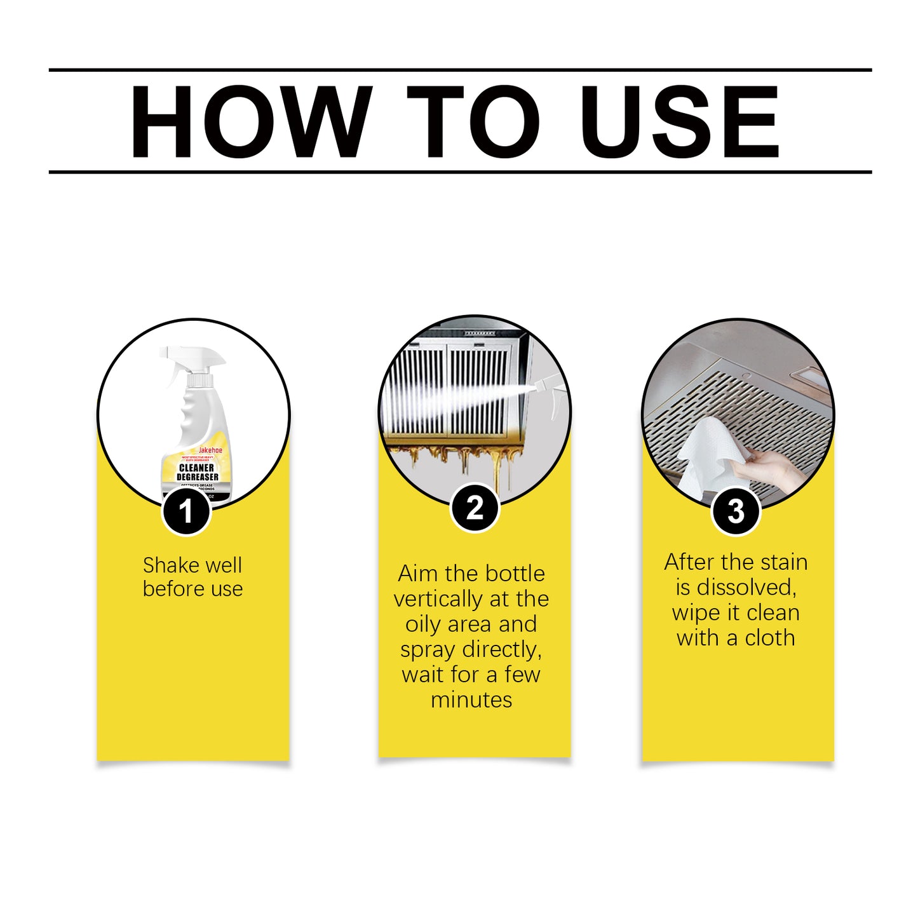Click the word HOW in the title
coord(250,121)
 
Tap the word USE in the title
coord(679,121)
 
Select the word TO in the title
coord(473,121)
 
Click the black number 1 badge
coord(186,511)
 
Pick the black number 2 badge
coord(475,508)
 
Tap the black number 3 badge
coord(736,511)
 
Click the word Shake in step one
coord(166,565)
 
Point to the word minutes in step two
coord(471,699)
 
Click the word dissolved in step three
coord(746,587)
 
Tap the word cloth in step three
coord(769,637)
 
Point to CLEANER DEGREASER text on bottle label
coord(197,472)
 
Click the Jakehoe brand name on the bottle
coord(211,450)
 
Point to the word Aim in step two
coord(418,574)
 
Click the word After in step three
coord(689,562)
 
